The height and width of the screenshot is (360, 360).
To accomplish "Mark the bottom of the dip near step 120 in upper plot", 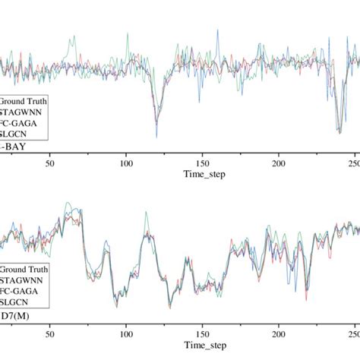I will (156, 135).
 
